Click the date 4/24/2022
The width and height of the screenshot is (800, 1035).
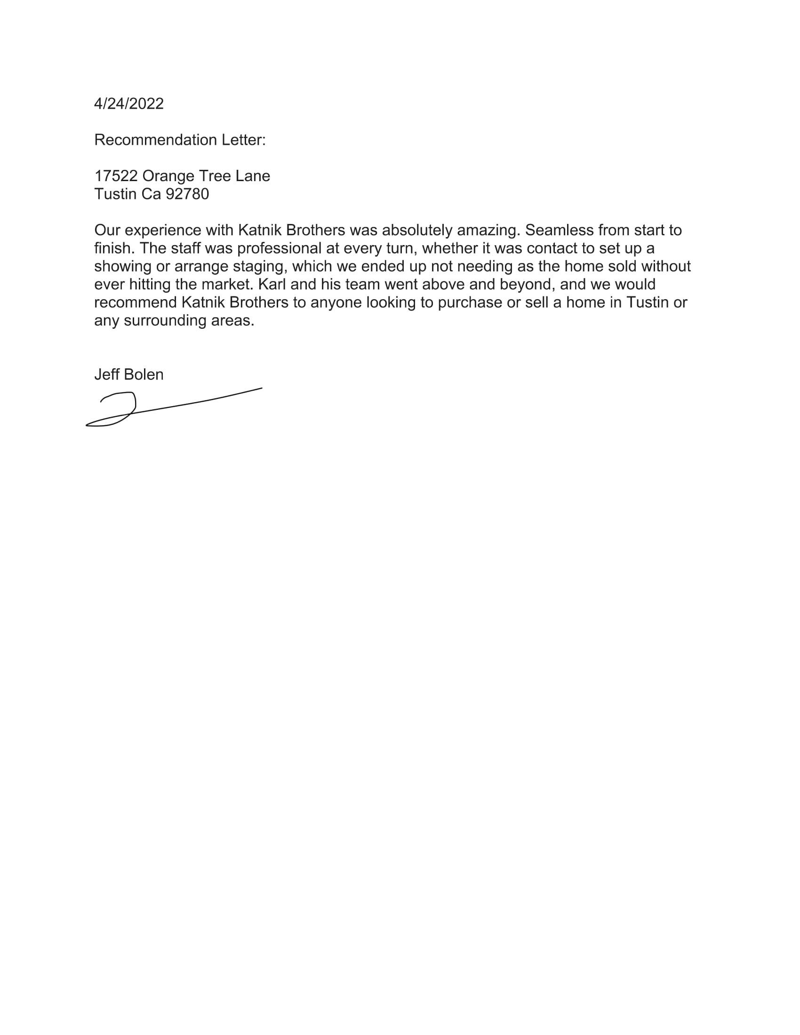point(128,104)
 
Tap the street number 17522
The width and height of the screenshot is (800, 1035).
point(116,176)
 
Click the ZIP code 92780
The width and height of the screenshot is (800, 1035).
point(187,194)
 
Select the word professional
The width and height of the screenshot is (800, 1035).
point(279,248)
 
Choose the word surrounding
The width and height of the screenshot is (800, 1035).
point(165,321)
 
